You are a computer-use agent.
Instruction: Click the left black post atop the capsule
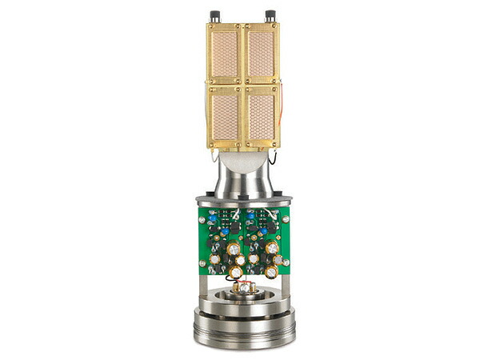(x=214, y=16)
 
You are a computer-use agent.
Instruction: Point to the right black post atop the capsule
(x=270, y=16)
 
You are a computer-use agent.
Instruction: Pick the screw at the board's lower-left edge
(x=202, y=262)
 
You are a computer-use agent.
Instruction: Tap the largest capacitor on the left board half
(x=234, y=249)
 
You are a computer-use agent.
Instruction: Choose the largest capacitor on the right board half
(x=272, y=248)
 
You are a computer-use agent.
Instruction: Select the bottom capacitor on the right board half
(x=271, y=273)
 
